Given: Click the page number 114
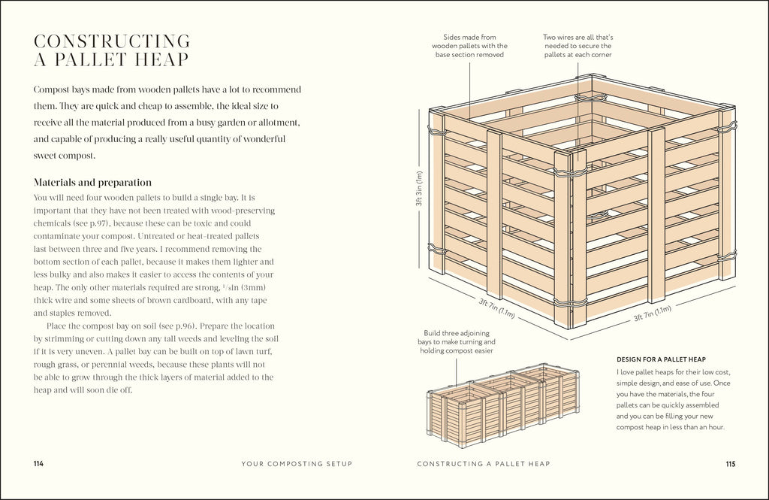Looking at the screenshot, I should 38,464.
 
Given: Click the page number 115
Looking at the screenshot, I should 730,464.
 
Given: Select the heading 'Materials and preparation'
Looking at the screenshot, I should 92,182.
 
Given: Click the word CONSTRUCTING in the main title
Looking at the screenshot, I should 112,41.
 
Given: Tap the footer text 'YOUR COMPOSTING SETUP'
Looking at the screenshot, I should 297,464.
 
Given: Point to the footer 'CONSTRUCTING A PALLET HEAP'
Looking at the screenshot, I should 484,464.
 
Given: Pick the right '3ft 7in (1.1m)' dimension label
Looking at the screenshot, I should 652,314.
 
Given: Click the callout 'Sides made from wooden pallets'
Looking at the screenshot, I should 469,45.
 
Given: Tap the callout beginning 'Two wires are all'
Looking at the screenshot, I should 578,45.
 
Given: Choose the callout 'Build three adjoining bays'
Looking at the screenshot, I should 458,341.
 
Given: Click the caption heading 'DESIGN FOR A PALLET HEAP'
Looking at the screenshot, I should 661,359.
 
